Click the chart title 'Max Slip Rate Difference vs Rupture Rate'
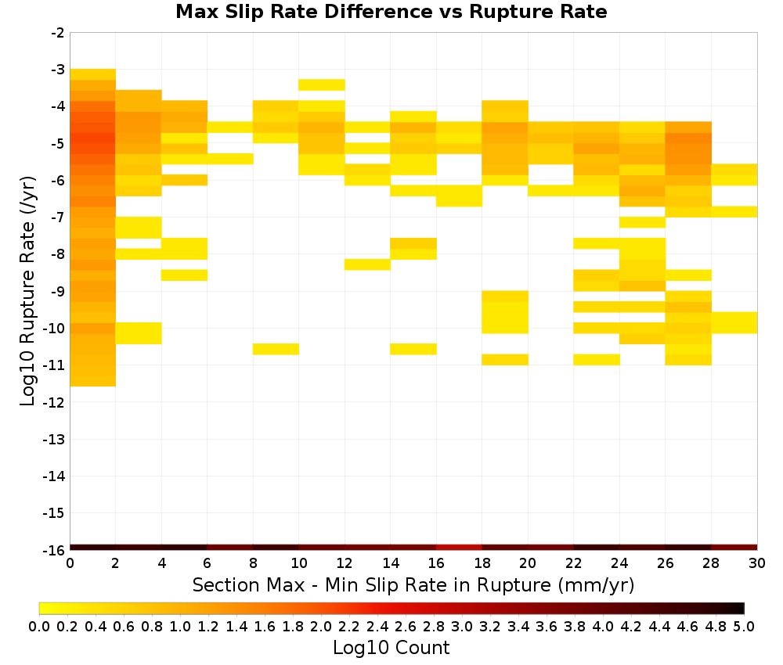click(391, 12)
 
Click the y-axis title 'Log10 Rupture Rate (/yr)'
click(27, 291)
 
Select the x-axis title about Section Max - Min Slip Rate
click(413, 584)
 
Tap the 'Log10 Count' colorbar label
click(391, 648)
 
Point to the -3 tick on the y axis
click(58, 70)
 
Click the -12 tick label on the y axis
click(55, 402)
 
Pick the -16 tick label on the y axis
click(55, 550)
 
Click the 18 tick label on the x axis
click(482, 563)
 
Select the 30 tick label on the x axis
click(757, 563)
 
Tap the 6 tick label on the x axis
click(207, 563)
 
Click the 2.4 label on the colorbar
click(377, 626)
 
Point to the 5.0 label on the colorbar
click(744, 626)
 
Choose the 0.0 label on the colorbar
click(39, 626)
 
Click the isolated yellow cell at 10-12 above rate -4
click(322, 84)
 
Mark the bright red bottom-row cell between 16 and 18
click(459, 548)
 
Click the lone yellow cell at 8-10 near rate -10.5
click(276, 349)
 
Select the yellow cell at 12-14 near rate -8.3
click(367, 264)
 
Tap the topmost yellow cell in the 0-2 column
click(93, 74)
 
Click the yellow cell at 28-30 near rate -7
click(734, 211)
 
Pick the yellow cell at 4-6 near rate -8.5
click(184, 275)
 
